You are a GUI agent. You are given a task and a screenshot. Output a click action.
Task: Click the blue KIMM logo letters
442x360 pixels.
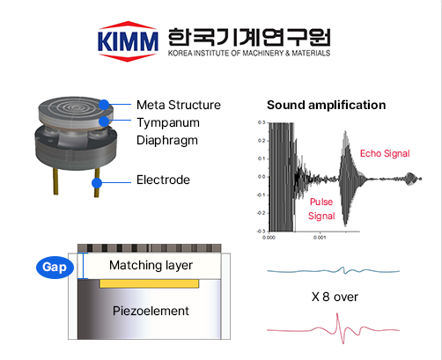[128, 41]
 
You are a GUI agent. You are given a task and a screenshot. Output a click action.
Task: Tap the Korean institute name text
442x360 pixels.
[249, 37]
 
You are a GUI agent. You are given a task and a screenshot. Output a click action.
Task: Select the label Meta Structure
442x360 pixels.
[179, 105]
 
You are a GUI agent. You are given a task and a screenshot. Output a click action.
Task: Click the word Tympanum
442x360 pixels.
[168, 123]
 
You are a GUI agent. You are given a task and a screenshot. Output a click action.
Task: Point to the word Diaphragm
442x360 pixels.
[167, 141]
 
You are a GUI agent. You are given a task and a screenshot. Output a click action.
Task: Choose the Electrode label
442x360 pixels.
[163, 180]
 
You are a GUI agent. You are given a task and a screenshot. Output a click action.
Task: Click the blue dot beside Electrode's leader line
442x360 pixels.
[97, 183]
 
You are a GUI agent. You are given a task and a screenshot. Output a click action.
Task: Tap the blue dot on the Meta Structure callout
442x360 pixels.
[104, 105]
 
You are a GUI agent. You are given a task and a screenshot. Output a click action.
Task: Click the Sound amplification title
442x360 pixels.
[326, 105]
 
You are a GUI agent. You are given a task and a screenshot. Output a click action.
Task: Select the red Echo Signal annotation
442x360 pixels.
[385, 153]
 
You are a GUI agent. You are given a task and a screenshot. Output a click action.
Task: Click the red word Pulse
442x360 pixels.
[321, 202]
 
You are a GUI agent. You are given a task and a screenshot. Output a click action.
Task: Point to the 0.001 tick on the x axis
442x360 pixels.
[320, 238]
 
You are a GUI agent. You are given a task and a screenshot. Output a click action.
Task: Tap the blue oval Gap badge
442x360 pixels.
[55, 267]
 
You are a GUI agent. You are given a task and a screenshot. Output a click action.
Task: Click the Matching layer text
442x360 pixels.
[151, 265]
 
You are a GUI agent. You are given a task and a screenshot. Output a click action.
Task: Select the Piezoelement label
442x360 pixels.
[151, 311]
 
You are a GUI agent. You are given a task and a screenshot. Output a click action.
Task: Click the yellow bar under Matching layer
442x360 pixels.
[150, 283]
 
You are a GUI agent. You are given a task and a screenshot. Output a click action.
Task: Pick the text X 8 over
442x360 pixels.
[335, 297]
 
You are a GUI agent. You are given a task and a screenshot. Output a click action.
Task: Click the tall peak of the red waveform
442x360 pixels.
[337, 315]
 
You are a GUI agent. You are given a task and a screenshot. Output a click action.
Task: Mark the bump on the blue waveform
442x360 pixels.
[343, 268]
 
